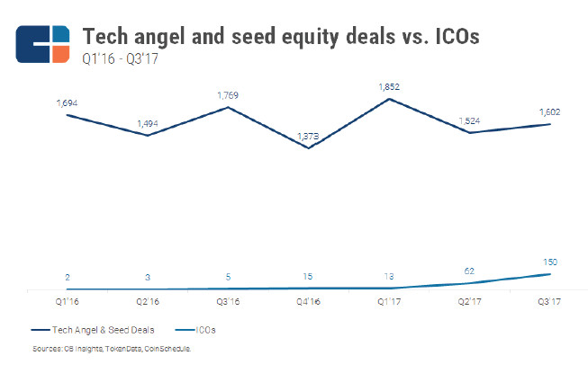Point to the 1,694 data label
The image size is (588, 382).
pyautogui.click(x=67, y=103)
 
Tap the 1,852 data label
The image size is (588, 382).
pyautogui.click(x=389, y=87)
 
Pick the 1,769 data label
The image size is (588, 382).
pyautogui.click(x=229, y=95)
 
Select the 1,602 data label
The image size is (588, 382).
pyautogui.click(x=549, y=112)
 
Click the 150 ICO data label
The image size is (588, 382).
pyautogui.click(x=549, y=262)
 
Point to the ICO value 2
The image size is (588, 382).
pyautogui.click(x=67, y=277)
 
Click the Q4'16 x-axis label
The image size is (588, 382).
pyautogui.click(x=308, y=303)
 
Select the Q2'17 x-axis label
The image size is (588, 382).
pyautogui.click(x=469, y=303)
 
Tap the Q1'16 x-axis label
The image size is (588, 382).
pyautogui.click(x=67, y=303)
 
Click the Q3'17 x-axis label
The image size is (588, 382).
pyautogui.click(x=549, y=303)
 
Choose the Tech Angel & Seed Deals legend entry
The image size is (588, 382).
pyautogui.click(x=85, y=331)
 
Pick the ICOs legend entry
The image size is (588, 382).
pyautogui.click(x=204, y=331)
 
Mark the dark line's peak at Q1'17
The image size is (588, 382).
pyautogui.click(x=389, y=98)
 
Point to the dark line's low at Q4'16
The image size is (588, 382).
pyautogui.click(x=308, y=147)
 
